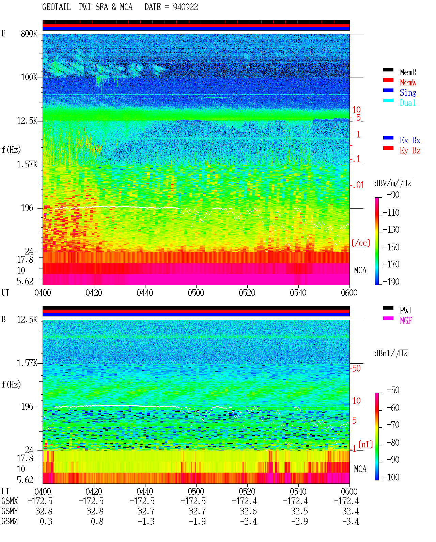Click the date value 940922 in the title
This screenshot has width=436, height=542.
pyautogui.click(x=185, y=7)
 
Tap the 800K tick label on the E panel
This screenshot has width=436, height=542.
pyautogui.click(x=29, y=33)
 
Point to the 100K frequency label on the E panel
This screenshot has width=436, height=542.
pyautogui.click(x=29, y=77)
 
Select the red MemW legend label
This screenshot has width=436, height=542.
pyautogui.click(x=408, y=82)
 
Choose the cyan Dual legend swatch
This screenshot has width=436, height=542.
pyautogui.click(x=388, y=100)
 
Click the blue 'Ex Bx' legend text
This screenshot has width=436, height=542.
pyautogui.click(x=410, y=140)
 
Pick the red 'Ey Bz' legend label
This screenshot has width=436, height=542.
pyautogui.click(x=410, y=151)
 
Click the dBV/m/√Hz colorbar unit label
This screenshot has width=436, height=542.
pyautogui.click(x=393, y=183)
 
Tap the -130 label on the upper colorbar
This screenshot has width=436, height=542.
pyautogui.click(x=391, y=230)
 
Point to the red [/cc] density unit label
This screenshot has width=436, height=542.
pyautogui.click(x=361, y=243)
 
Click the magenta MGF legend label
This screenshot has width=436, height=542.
pyautogui.click(x=406, y=321)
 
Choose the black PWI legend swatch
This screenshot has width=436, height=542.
pyautogui.click(x=388, y=308)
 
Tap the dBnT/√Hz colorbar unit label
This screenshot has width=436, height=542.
pyautogui.click(x=391, y=354)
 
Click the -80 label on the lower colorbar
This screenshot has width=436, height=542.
pyautogui.click(x=393, y=443)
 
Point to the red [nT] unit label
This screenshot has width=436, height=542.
pyautogui.click(x=365, y=444)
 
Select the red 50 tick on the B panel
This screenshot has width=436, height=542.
pyautogui.click(x=356, y=368)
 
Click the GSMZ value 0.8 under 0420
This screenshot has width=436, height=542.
pyautogui.click(x=97, y=522)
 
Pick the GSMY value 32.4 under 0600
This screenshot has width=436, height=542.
pyautogui.click(x=350, y=511)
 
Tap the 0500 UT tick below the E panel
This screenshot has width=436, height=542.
pyautogui.click(x=196, y=293)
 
